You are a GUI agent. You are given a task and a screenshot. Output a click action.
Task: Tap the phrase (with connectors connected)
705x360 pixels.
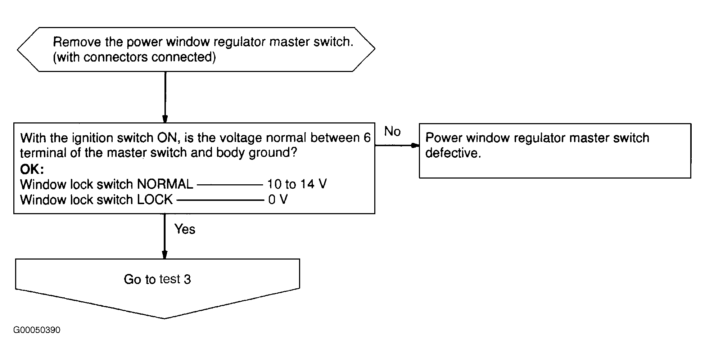(x=134, y=57)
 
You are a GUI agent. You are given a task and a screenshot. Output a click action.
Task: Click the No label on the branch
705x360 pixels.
(x=392, y=131)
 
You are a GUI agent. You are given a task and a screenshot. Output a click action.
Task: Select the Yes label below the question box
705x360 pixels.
(x=185, y=229)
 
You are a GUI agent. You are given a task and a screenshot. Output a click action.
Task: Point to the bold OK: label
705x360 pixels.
(x=32, y=169)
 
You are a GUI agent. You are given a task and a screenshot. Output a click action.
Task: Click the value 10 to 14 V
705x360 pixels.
(x=297, y=184)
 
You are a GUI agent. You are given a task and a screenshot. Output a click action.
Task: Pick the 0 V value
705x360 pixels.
(x=278, y=199)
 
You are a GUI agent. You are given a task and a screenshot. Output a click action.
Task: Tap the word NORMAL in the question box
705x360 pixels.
(x=165, y=184)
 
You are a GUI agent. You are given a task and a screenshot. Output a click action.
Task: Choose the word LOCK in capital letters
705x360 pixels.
(x=155, y=199)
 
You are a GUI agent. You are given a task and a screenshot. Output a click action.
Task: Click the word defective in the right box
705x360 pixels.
(x=453, y=153)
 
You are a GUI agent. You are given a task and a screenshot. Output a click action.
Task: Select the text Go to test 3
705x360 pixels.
(x=157, y=279)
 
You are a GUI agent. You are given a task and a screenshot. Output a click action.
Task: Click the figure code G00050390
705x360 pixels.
(x=37, y=330)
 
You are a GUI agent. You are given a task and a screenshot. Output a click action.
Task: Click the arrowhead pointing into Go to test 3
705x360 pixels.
(x=165, y=255)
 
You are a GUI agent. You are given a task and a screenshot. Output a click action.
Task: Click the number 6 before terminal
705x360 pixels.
(x=367, y=138)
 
